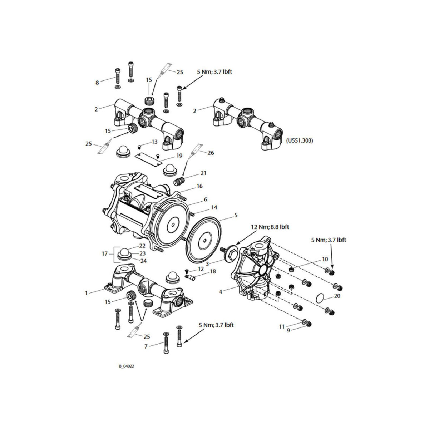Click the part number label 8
point(97,83)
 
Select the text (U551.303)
point(300,141)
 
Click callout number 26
point(211,153)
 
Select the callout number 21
point(203,173)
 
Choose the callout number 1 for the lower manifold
point(86,293)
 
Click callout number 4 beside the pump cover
point(221,292)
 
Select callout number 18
point(213,272)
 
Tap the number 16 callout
point(199,186)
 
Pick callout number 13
point(154,142)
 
